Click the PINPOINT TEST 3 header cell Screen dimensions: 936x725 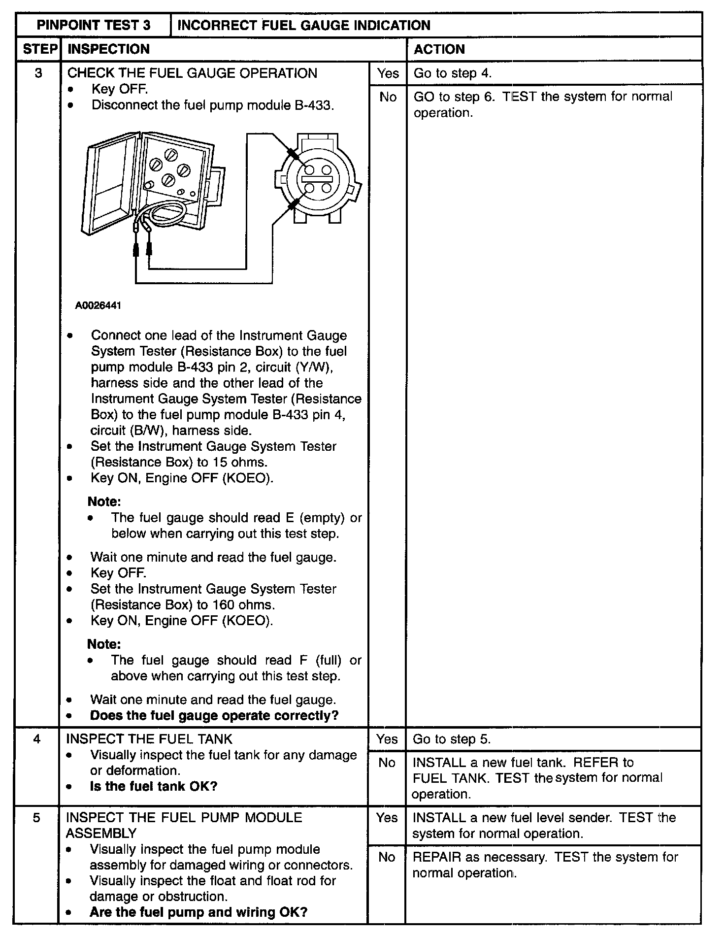(94, 25)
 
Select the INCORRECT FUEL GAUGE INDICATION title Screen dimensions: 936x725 (303, 25)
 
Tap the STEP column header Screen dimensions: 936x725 (38, 49)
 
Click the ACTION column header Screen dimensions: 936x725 (439, 49)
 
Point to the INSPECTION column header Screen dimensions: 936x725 (108, 49)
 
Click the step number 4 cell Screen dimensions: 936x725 (37, 739)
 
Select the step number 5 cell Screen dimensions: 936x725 (37, 818)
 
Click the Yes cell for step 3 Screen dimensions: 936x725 (388, 73)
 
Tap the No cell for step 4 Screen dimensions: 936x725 (387, 763)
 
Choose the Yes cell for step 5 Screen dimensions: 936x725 (387, 818)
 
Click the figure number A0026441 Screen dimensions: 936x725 (98, 306)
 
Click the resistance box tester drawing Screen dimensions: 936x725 (150, 185)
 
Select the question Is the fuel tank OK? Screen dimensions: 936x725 (154, 786)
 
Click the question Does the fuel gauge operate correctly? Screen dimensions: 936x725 (214, 715)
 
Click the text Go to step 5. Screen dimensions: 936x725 (452, 739)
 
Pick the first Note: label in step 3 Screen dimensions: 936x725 (104, 502)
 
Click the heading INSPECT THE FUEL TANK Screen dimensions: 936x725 (149, 739)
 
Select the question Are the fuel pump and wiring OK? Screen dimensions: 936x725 (198, 912)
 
